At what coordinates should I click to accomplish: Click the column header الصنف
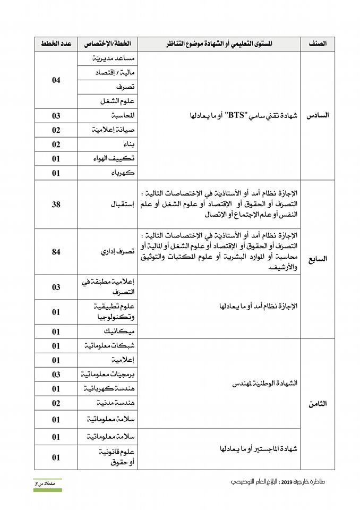pyautogui.click(x=318, y=44)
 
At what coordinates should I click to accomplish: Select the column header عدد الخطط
pyautogui.click(x=56, y=44)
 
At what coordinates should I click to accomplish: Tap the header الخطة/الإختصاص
pyautogui.click(x=107, y=44)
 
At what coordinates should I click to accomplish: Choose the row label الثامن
pyautogui.click(x=318, y=404)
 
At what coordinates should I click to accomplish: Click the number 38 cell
pyautogui.click(x=56, y=204)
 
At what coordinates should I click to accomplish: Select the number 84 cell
pyautogui.click(x=56, y=252)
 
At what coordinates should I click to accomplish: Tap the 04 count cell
pyautogui.click(x=56, y=80)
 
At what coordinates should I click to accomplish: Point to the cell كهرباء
pyautogui.click(x=121, y=173)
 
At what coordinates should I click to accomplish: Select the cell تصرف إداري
pyautogui.click(x=112, y=252)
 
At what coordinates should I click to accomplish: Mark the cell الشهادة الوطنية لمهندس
pyautogui.click(x=264, y=382)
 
